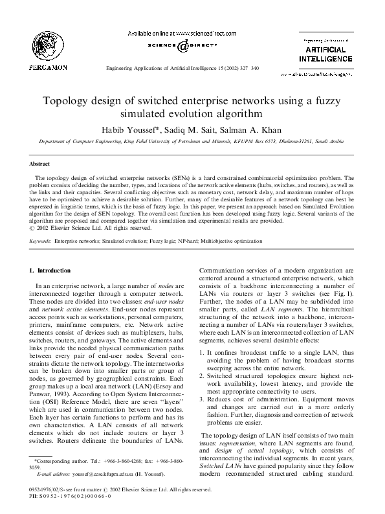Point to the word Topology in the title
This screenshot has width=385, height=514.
tap(69, 102)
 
